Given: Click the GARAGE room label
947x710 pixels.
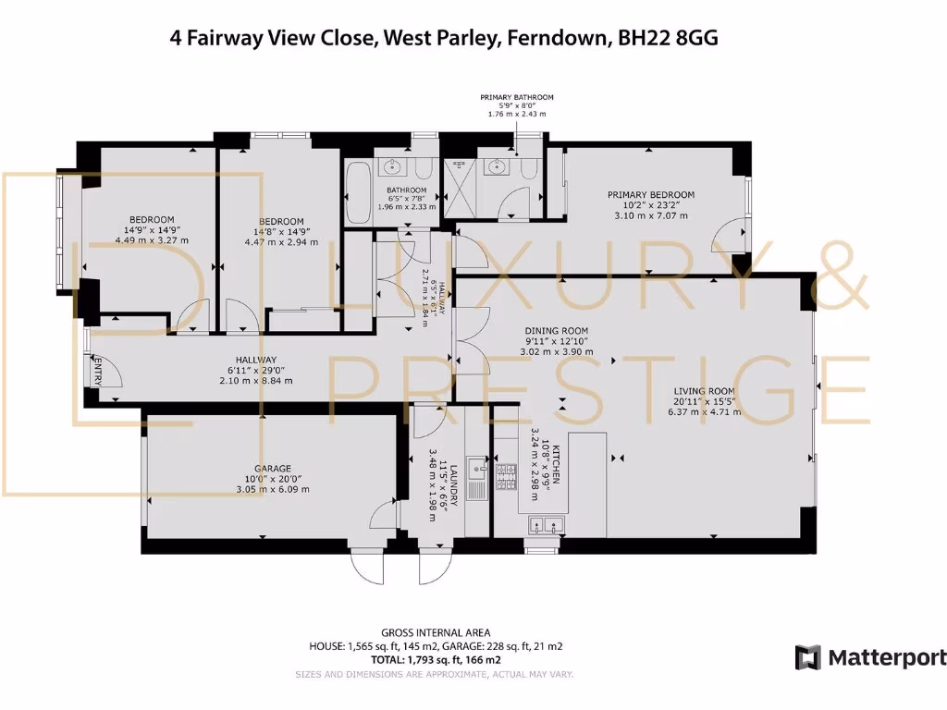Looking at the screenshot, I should pyautogui.click(x=268, y=469).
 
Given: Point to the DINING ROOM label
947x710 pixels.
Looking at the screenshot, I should pyautogui.click(x=556, y=330).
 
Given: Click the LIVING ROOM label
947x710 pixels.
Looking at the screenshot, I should pyautogui.click(x=704, y=390).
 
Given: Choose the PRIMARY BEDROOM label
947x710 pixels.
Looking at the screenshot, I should pyautogui.click(x=650, y=195).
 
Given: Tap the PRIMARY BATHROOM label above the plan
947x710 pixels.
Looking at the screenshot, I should pyautogui.click(x=516, y=97).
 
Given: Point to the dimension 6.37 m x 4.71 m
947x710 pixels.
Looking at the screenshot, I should pyautogui.click(x=704, y=413).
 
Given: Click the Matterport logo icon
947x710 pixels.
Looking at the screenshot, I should pyautogui.click(x=807, y=657).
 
